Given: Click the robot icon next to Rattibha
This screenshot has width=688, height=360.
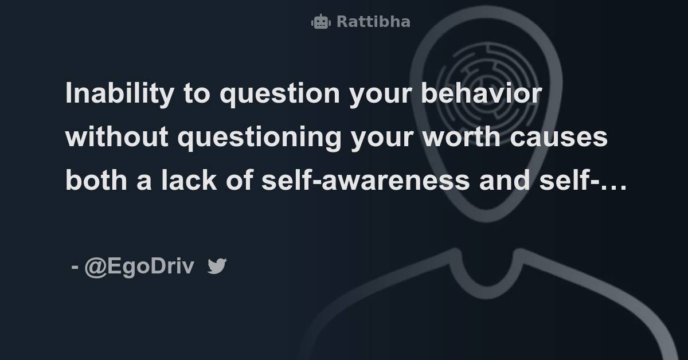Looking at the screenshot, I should click(x=320, y=22).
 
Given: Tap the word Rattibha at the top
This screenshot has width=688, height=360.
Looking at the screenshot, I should click(x=373, y=22).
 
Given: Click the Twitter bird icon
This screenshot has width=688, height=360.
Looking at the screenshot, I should click(x=217, y=266).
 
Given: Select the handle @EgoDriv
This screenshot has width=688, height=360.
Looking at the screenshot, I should click(x=139, y=267).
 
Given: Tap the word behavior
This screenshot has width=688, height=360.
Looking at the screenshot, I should click(x=482, y=93).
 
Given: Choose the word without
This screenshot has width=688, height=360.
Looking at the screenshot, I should click(x=117, y=137).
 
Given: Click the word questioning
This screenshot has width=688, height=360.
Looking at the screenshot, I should click(x=259, y=138).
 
